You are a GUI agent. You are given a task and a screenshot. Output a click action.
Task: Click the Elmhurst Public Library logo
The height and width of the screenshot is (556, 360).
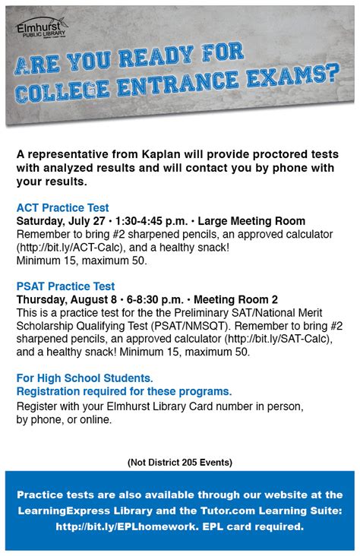(41, 30)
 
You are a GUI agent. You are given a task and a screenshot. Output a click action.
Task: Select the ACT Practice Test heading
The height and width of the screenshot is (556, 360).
(62, 207)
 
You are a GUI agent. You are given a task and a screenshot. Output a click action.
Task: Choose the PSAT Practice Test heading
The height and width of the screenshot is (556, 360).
(65, 286)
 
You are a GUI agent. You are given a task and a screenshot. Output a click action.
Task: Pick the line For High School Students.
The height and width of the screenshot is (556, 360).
(84, 378)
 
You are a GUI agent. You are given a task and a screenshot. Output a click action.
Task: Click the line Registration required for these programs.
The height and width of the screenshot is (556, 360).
(124, 391)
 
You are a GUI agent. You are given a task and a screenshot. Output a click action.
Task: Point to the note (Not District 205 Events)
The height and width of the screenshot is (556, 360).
(180, 462)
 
